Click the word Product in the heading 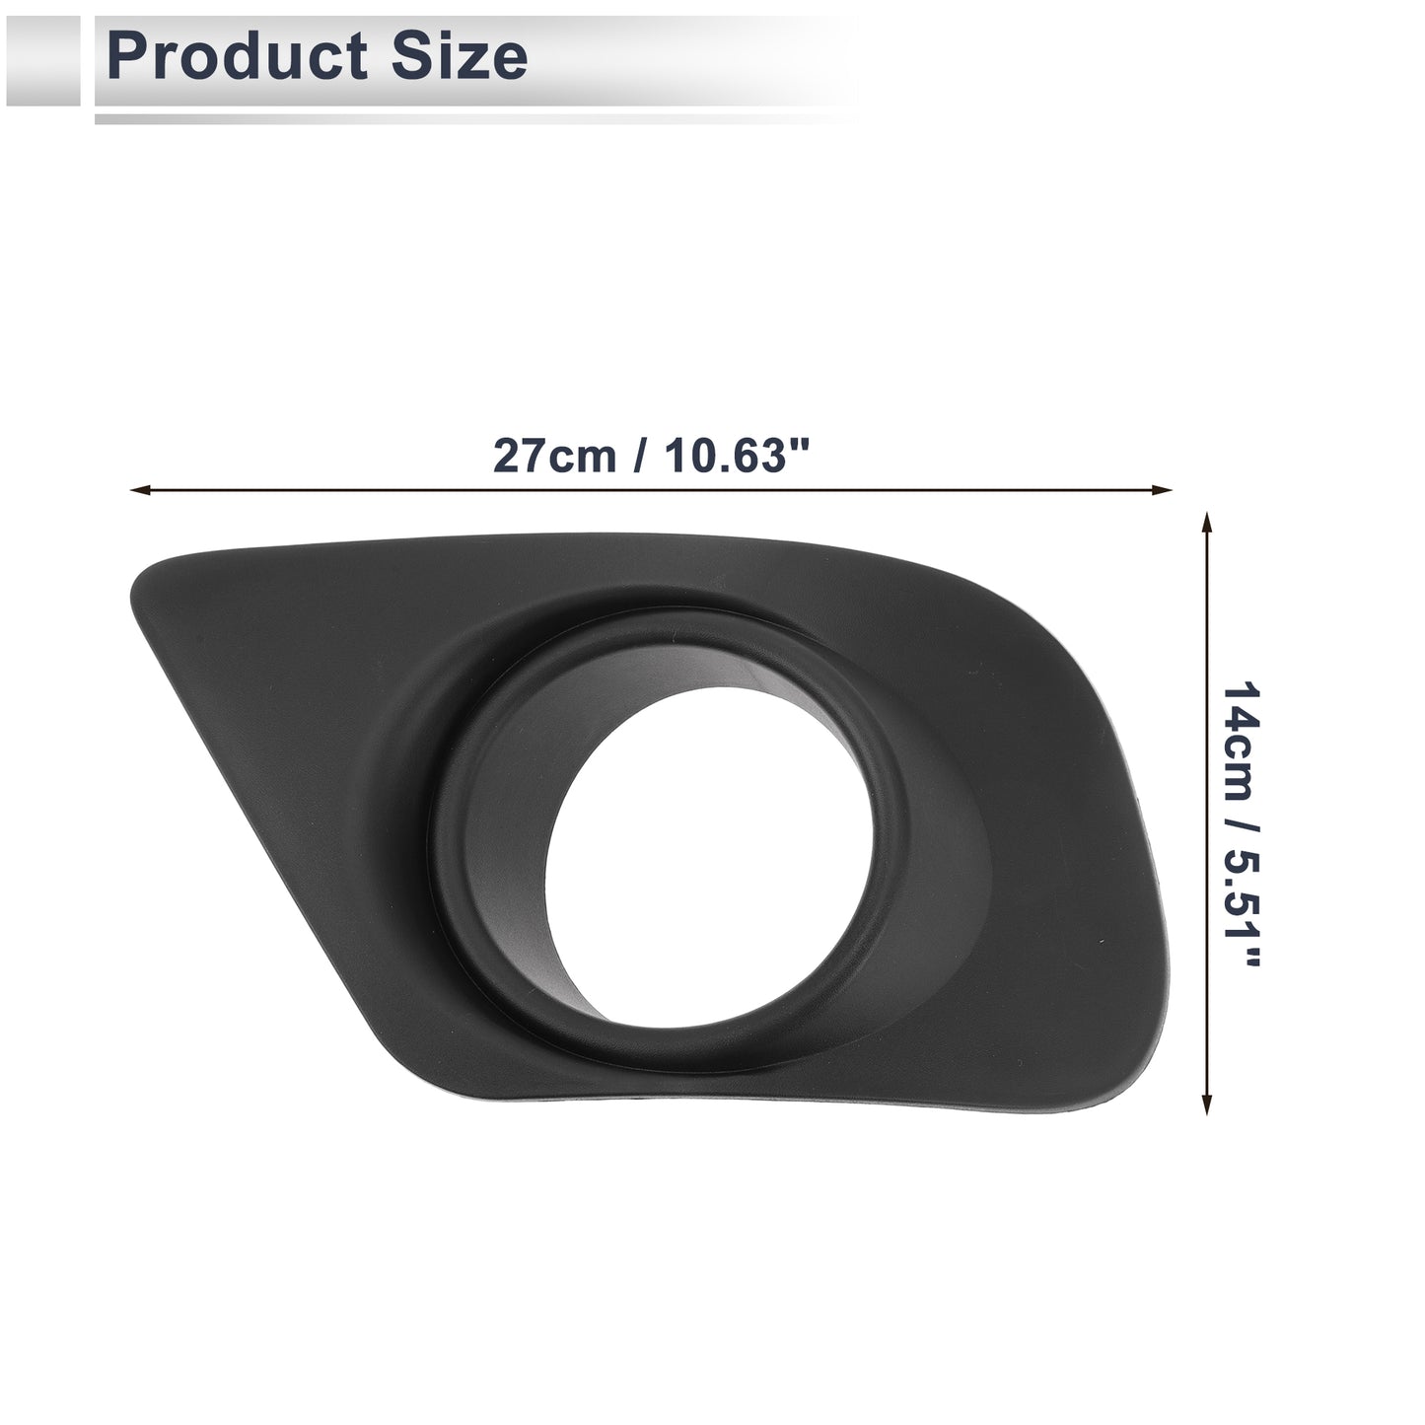pos(238,56)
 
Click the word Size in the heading pos(460,56)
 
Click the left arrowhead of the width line pos(139,489)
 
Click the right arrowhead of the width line pos(1162,489)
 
